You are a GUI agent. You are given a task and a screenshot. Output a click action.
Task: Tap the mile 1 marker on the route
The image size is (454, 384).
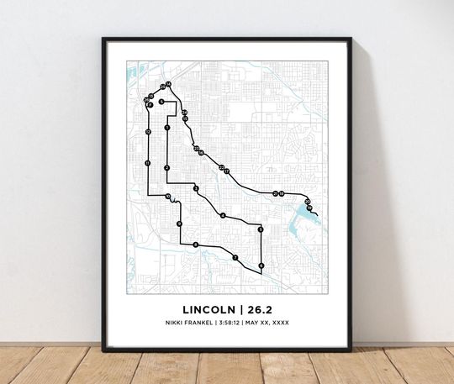tap(167, 128)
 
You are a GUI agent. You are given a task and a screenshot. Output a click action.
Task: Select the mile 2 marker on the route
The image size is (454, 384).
tap(167, 168)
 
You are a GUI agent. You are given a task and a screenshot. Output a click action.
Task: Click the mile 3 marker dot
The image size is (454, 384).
tap(196, 189)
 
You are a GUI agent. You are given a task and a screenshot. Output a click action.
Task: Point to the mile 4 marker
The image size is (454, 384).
tap(223, 216)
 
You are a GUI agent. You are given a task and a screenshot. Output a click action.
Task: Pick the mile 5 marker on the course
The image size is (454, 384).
tap(261, 229)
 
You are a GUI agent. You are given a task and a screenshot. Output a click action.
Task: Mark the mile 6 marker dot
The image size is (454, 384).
tap(261, 266)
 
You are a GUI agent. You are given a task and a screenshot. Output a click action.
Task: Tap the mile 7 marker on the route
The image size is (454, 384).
tap(235, 258)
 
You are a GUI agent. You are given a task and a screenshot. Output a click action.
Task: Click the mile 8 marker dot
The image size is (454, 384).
tap(196, 245)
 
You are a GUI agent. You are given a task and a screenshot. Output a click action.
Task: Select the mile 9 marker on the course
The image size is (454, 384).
tap(179, 224)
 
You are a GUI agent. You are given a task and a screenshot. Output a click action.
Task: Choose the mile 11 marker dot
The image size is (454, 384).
tap(148, 163)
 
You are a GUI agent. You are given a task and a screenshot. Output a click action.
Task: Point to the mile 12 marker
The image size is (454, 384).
tap(148, 133)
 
